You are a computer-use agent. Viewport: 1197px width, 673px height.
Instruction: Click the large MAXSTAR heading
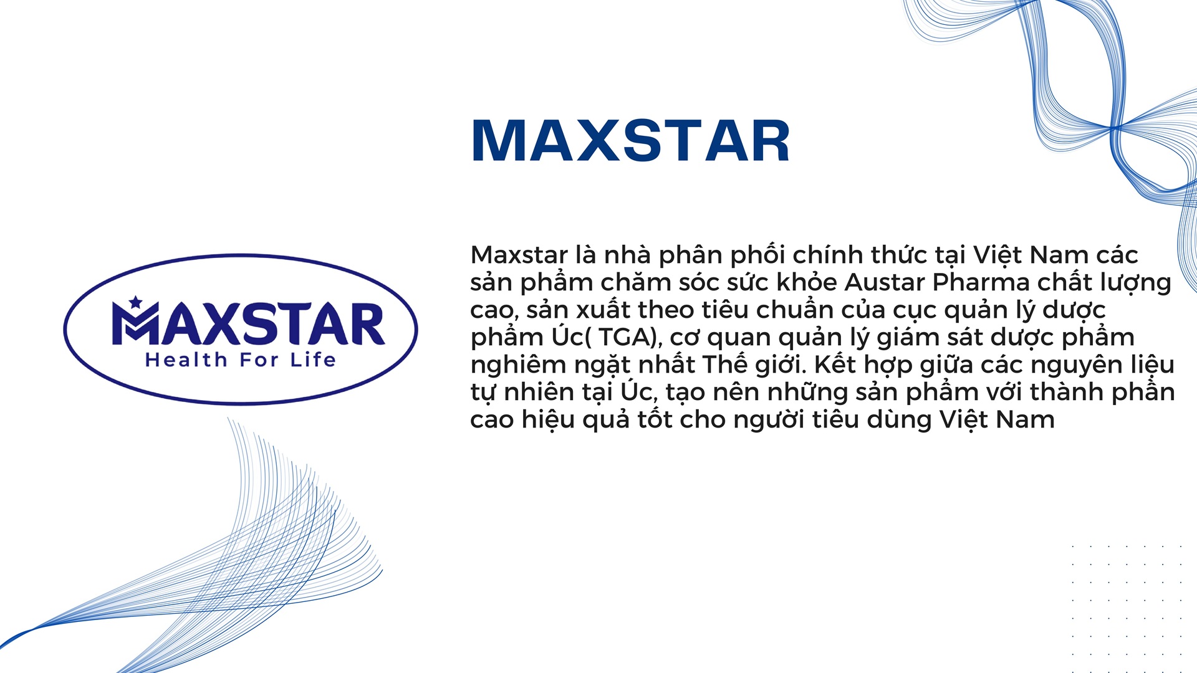tap(631, 141)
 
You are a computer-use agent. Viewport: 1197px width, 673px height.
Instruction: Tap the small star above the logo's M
tap(135, 302)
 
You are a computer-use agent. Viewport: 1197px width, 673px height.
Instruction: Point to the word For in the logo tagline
tap(259, 360)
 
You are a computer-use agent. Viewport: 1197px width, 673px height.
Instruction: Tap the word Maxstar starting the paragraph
tap(519, 255)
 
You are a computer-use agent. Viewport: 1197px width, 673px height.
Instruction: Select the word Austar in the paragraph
tap(885, 282)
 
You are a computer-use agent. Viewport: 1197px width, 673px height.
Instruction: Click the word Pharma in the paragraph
tap(981, 282)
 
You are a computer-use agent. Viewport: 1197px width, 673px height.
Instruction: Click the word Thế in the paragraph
tap(726, 364)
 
